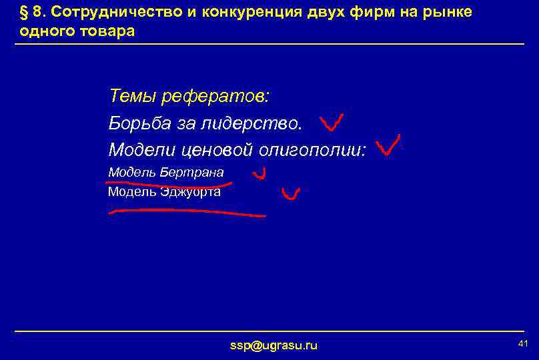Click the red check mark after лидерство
point(331,123)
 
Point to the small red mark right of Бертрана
point(259,175)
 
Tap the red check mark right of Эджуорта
point(290,194)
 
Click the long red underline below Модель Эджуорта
point(187,213)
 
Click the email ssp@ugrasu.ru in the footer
point(274,345)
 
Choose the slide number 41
point(522,343)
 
